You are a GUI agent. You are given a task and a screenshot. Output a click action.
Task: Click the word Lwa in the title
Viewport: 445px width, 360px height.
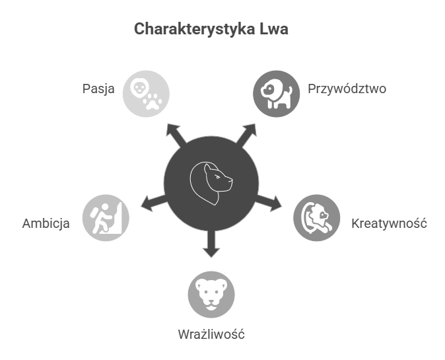[x=276, y=30]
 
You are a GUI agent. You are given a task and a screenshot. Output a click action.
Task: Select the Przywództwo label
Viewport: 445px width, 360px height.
[x=347, y=89]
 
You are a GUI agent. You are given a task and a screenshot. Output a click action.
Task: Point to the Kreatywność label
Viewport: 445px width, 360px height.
[x=389, y=223]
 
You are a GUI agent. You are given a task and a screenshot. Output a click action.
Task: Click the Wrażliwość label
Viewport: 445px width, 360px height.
[x=211, y=334]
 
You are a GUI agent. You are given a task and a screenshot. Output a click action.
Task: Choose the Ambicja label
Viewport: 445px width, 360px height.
[x=46, y=223]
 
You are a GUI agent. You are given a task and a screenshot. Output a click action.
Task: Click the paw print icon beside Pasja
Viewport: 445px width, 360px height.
[x=153, y=102]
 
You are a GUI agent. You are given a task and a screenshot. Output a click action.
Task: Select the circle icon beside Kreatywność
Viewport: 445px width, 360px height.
[x=317, y=218]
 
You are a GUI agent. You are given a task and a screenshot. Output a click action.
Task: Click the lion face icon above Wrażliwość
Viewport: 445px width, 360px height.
[x=211, y=295]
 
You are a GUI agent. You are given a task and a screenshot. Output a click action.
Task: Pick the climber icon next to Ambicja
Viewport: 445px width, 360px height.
[x=106, y=218]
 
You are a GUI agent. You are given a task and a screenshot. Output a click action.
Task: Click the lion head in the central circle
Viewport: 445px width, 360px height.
[x=211, y=182]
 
